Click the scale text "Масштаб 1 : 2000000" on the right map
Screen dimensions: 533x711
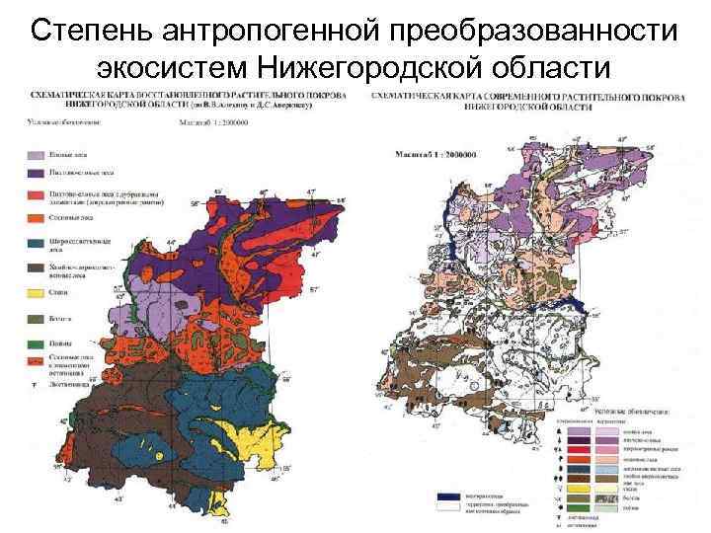[x=435, y=154]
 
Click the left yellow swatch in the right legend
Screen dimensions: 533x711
[x=579, y=488]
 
